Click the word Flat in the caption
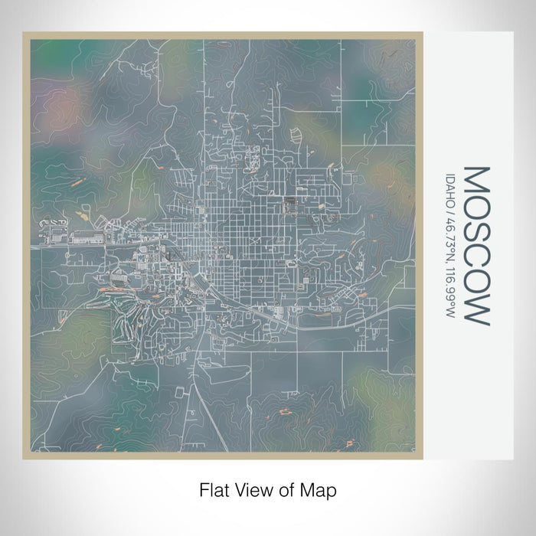[x=214, y=488]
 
